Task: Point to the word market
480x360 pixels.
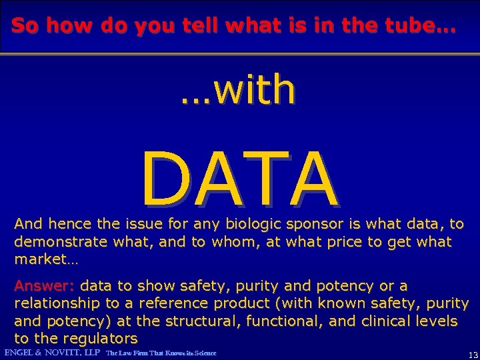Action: coord(38,258)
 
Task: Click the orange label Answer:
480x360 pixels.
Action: coord(44,286)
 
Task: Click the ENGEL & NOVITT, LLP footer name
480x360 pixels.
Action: coord(52,352)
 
